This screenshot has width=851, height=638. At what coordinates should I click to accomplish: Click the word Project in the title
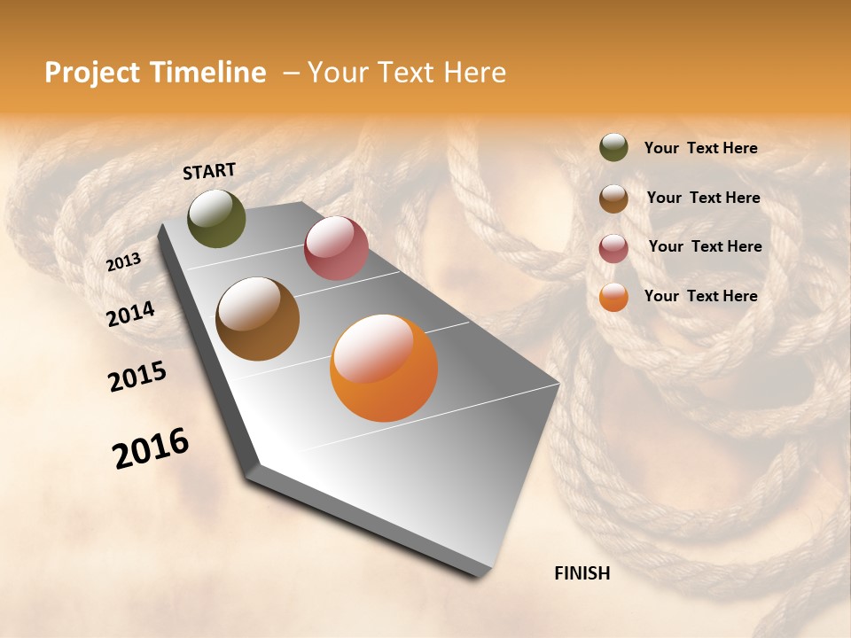[92, 74]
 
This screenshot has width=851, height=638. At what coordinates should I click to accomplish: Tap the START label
[209, 171]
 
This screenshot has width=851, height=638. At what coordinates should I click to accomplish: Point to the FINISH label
[582, 573]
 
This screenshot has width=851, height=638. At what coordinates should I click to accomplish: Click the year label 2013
[124, 262]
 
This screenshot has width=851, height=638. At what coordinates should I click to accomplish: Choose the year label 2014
[130, 315]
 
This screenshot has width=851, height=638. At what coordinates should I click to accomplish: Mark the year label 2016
[151, 448]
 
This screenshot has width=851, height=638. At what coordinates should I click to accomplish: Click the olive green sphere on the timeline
[216, 218]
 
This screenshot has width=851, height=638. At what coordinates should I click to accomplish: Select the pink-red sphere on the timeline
[336, 248]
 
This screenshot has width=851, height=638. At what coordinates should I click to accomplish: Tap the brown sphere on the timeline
[257, 319]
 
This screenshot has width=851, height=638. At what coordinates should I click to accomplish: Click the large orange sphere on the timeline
[384, 368]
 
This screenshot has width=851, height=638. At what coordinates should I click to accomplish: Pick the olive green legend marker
[613, 147]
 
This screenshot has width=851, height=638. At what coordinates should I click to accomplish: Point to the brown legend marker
[613, 198]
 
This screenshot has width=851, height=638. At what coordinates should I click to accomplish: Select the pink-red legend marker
[613, 248]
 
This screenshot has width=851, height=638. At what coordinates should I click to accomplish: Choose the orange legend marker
[613, 297]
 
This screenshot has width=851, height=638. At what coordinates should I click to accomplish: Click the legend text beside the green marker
[700, 149]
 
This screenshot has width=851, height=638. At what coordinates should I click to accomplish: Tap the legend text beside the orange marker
[700, 296]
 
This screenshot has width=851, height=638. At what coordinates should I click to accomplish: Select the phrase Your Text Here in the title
[406, 74]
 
